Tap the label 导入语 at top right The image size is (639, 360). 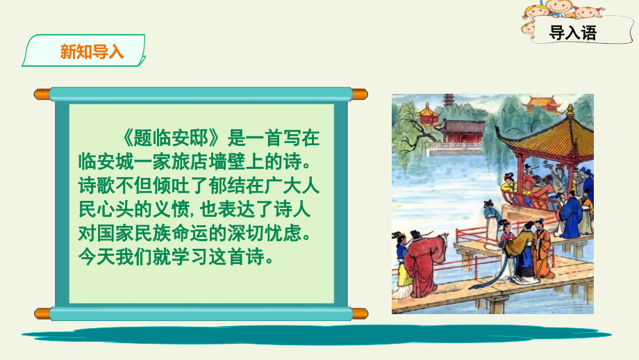point(573,33)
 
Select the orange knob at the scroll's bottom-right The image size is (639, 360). point(360,313)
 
